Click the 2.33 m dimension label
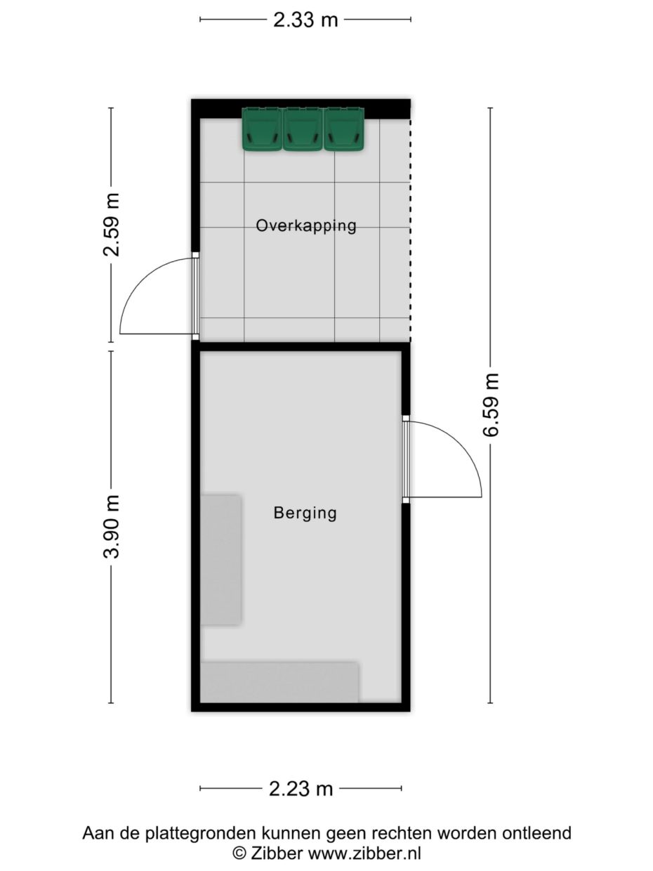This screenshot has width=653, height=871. coord(305,20)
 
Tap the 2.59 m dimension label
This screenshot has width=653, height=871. coord(112,224)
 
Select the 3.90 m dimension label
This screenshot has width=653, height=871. coord(112,526)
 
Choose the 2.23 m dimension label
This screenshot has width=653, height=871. coord(301,789)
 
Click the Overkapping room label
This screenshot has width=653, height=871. coord(306,226)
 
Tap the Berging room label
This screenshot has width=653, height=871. coord(305,513)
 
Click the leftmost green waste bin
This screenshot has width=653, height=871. coord(262,129)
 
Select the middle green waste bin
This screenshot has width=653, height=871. coord(303,129)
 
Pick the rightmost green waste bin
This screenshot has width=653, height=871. coord(343,129)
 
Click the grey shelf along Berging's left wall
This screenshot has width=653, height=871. coord(221,559)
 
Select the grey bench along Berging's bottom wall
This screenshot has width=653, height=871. coord(279,681)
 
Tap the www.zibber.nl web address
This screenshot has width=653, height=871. coord(364,853)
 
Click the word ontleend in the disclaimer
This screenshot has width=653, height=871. coord(537,834)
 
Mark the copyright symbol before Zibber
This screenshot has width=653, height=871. coord(240,853)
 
